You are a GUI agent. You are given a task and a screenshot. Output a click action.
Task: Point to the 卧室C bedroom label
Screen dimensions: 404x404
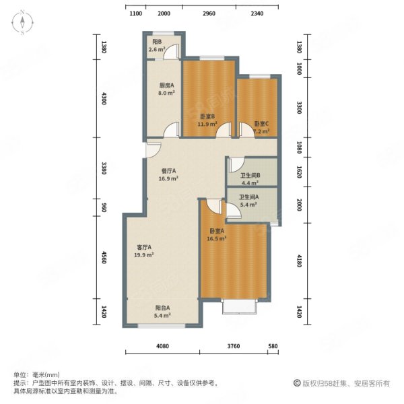click(262, 124)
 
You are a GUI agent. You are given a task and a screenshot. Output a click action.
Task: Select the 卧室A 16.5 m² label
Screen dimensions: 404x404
click(216, 234)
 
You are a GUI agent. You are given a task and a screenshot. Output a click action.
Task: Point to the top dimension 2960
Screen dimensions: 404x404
click(209, 13)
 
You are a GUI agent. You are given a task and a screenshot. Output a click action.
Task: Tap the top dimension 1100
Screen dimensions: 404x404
click(135, 13)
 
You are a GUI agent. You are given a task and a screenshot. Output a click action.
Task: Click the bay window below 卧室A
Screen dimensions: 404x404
click(239, 306)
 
